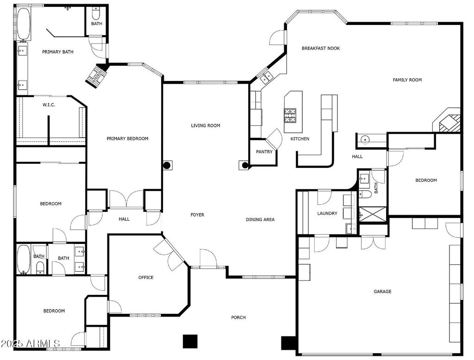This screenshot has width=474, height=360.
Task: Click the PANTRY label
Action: [264, 152]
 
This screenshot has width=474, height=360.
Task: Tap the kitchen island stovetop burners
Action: [290, 115]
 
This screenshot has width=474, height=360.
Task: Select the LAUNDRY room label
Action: [327, 213]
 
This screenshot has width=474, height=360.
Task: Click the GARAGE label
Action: [382, 292]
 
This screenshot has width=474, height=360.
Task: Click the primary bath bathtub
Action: [23, 24]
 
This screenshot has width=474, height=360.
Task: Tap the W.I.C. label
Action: [49, 105]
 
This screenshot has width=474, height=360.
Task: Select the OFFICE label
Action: [146, 278]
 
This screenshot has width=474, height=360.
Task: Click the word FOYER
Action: [197, 215]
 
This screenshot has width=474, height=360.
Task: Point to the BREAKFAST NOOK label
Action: [321, 49]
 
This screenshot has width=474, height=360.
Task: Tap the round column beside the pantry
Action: [245, 165]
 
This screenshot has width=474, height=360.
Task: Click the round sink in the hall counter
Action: [365, 140]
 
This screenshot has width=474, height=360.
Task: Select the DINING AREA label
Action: [260, 220]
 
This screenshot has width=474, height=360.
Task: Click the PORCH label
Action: [238, 318]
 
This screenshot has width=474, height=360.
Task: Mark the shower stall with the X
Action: [373, 214]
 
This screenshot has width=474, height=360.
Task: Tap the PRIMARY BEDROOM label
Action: [128, 139]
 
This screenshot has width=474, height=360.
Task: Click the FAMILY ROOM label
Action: [407, 80]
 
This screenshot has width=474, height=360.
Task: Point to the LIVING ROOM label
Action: [206, 125]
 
